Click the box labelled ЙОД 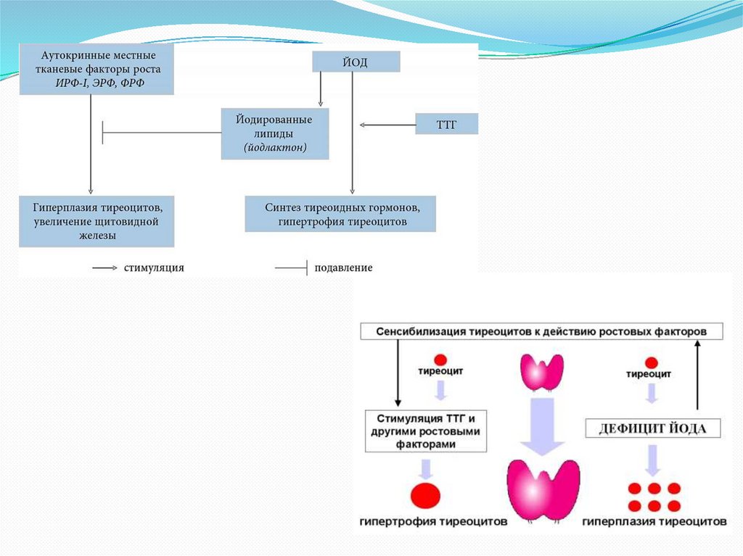[x=356, y=62]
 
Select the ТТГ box [x=446, y=125]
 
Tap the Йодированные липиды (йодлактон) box [x=275, y=133]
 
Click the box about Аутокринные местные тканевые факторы [x=97, y=70]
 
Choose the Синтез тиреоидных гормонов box [x=340, y=214]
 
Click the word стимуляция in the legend [x=153, y=267]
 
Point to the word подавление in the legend [x=343, y=267]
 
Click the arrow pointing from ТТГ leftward [x=387, y=125]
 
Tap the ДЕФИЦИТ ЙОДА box [x=653, y=428]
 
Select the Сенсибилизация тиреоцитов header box [x=542, y=331]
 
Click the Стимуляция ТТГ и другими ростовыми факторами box [x=425, y=431]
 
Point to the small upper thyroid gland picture [x=542, y=373]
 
